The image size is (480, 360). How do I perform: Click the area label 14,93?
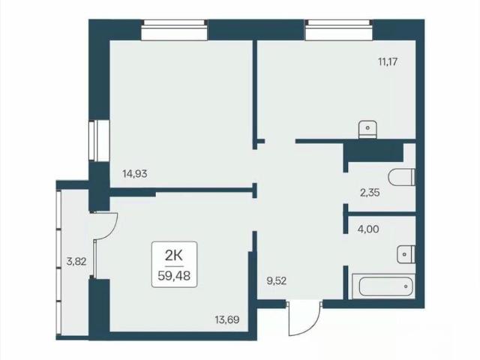point(135,174)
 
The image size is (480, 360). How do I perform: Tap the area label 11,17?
point(388,61)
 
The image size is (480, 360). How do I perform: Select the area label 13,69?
point(226,320)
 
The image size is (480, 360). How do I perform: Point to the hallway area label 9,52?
point(277,281)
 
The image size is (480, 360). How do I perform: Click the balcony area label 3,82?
point(76,262)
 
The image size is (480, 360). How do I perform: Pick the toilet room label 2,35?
point(370,193)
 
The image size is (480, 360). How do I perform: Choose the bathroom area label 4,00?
point(368,229)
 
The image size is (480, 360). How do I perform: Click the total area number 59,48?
point(174,276)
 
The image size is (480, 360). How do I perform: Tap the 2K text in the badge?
point(174,255)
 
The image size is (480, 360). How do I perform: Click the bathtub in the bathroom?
point(384,286)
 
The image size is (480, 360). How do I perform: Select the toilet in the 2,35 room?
point(401,177)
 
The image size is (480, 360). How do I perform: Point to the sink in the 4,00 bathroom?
point(406,254)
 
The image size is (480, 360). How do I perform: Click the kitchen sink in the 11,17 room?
point(367,130)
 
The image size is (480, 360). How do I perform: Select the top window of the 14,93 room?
point(174,30)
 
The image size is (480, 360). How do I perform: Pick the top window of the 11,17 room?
point(338,30)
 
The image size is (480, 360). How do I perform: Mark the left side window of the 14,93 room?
point(99,140)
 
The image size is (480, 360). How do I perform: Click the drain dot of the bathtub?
point(406,286)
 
